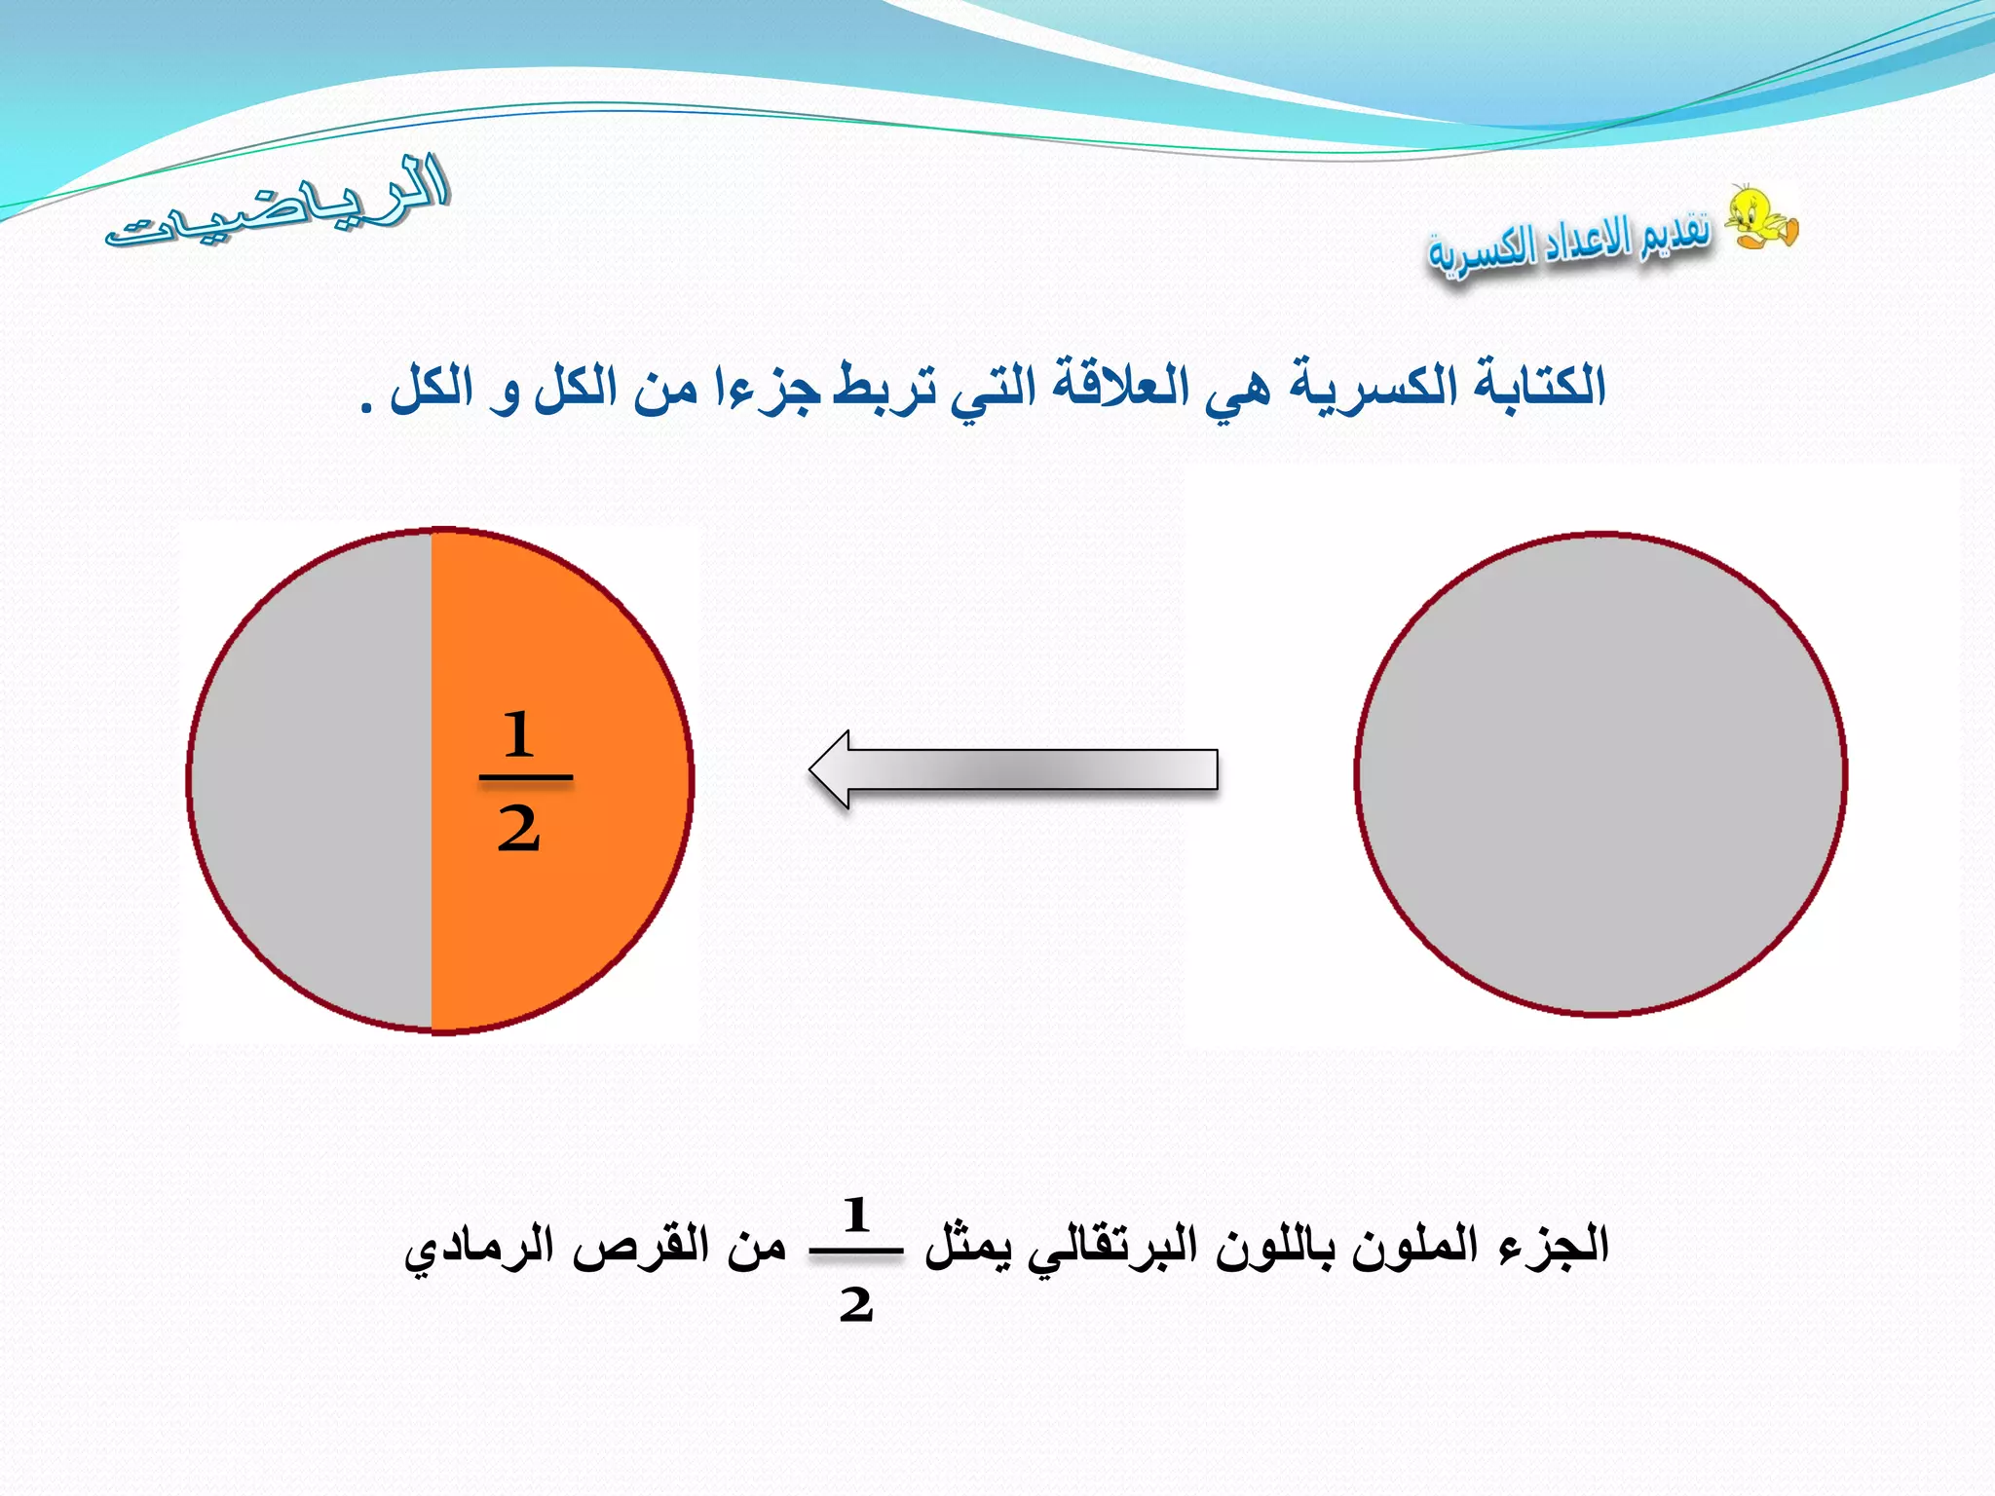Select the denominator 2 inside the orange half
click(x=519, y=831)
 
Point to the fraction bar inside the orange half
click(x=526, y=777)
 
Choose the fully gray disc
click(x=1600, y=774)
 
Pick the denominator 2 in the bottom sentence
click(x=856, y=1303)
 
